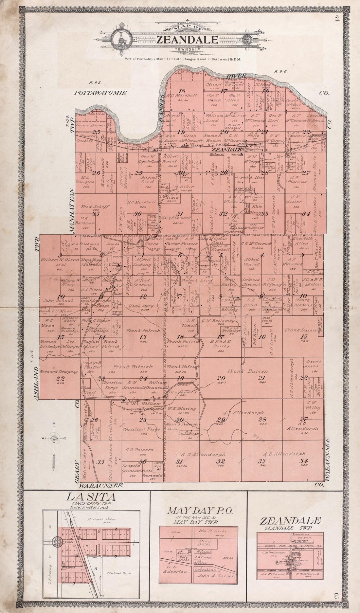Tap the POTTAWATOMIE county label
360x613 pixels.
point(100,93)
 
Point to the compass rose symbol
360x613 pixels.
point(54,438)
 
